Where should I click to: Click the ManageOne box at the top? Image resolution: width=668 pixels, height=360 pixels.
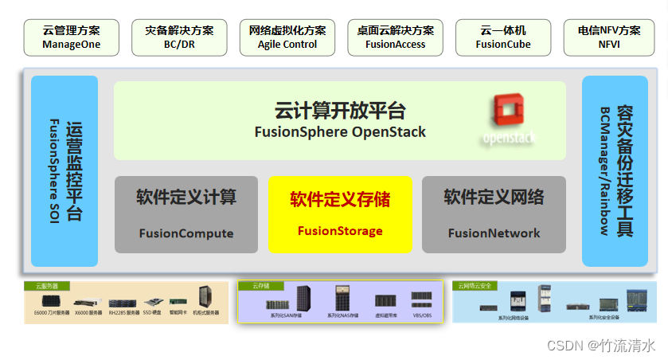click(x=72, y=37)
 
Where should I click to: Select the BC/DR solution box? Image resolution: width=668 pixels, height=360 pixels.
click(x=179, y=37)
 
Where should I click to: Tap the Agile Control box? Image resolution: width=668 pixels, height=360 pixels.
click(x=287, y=37)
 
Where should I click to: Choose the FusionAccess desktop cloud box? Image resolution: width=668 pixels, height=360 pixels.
click(x=395, y=37)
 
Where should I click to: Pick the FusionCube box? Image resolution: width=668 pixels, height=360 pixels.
click(x=503, y=37)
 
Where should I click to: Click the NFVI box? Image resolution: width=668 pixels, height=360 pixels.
click(x=609, y=37)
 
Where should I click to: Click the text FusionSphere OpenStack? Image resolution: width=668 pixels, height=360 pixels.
click(x=340, y=132)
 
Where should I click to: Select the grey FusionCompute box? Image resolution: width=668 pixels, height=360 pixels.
click(x=186, y=214)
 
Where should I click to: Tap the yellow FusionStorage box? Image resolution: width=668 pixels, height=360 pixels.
click(x=340, y=214)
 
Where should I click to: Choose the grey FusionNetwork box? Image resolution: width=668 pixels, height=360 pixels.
click(x=494, y=214)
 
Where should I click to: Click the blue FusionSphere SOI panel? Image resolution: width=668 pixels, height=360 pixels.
click(x=64, y=170)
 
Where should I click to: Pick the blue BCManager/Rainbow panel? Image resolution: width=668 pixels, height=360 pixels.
click(x=615, y=170)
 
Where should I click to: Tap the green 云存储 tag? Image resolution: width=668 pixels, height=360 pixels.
click(x=260, y=285)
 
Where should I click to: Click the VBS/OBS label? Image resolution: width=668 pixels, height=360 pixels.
click(x=422, y=316)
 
